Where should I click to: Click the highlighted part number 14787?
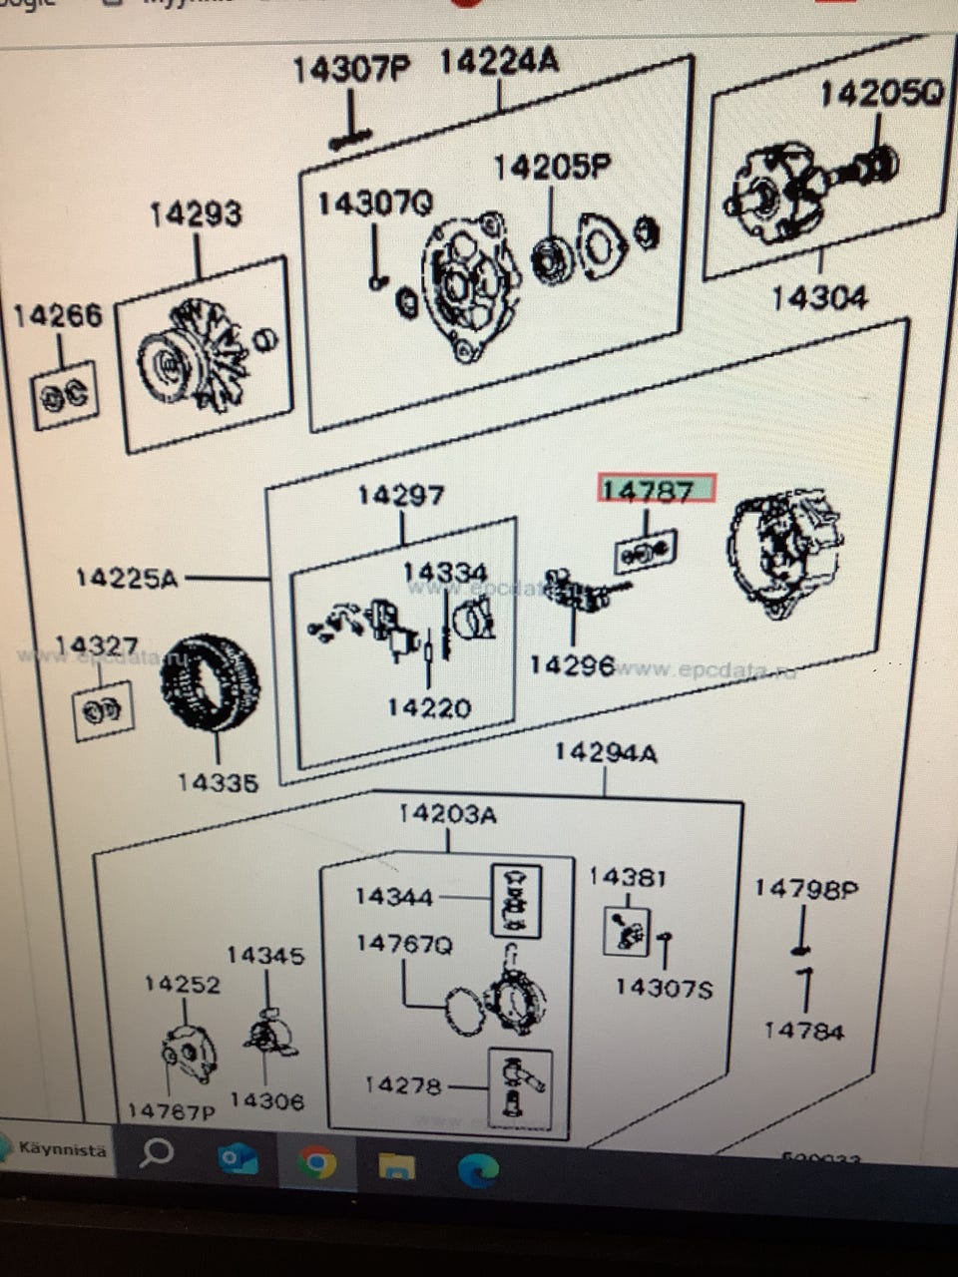coord(657,490)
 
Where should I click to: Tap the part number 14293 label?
coord(196,214)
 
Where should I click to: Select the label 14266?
coord(58,316)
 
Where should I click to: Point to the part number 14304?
coord(819,297)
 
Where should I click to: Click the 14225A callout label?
coord(127,578)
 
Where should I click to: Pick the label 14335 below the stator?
coord(218,783)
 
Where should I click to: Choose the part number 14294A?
coord(605,752)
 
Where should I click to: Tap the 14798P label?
coord(805,888)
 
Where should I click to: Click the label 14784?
coord(803,1031)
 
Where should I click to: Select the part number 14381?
coord(627,877)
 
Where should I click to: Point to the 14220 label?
coord(429,707)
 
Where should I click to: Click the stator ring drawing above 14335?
coord(211,682)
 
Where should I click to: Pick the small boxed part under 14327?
coord(103,711)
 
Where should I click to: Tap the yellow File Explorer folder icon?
coord(396,1164)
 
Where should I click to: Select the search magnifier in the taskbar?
coord(156,1153)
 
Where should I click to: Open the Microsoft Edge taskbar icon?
coord(478,1167)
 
